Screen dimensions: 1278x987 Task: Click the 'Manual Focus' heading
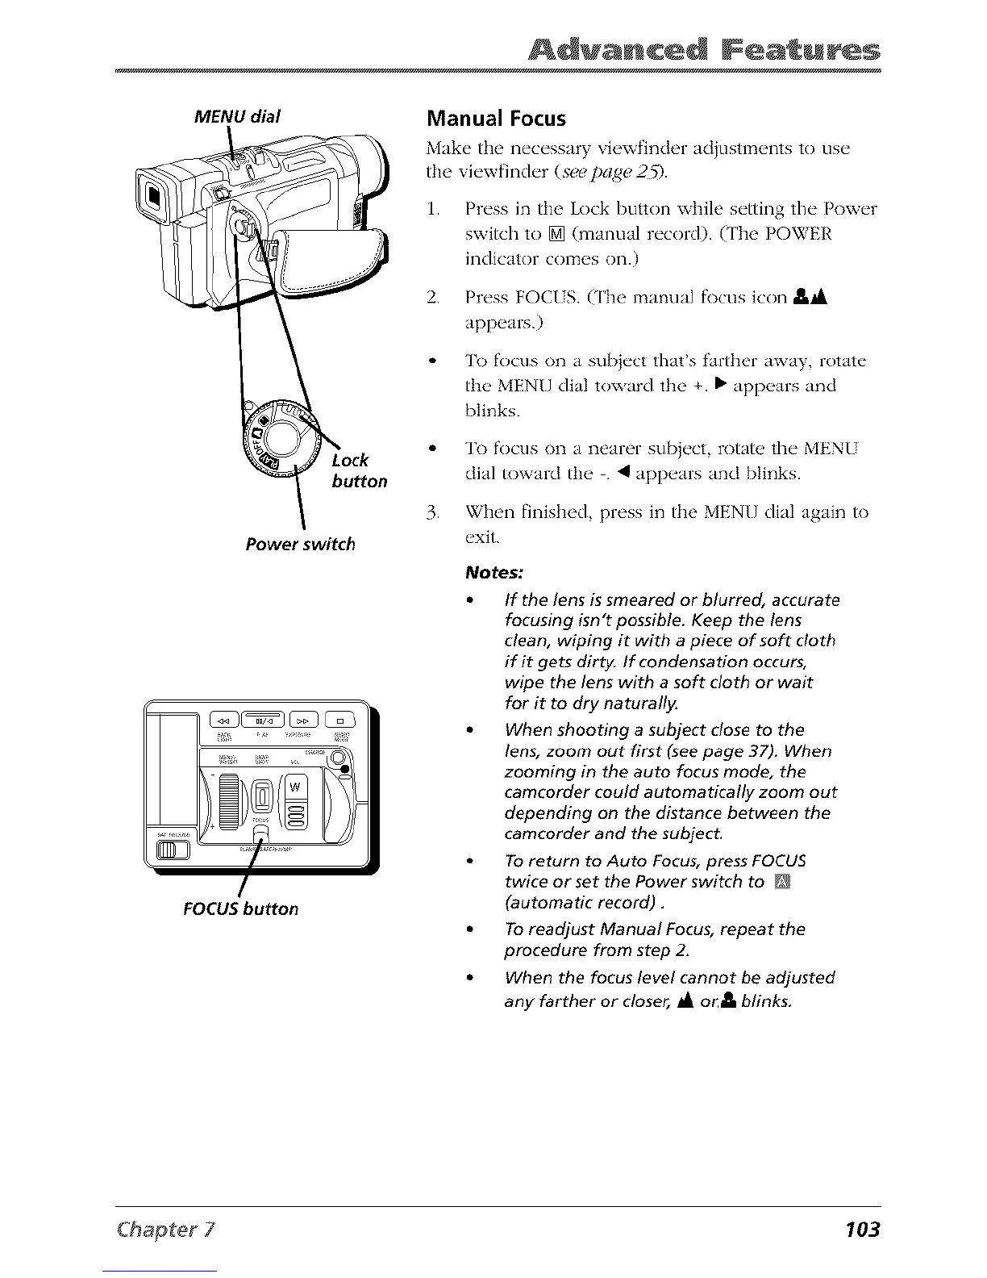tap(496, 119)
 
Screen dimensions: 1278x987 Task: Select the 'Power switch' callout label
tap(300, 544)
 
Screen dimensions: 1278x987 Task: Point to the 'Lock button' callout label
tap(359, 470)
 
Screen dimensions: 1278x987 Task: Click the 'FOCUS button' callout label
tap(240, 908)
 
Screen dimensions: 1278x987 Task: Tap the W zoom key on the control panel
tap(294, 787)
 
